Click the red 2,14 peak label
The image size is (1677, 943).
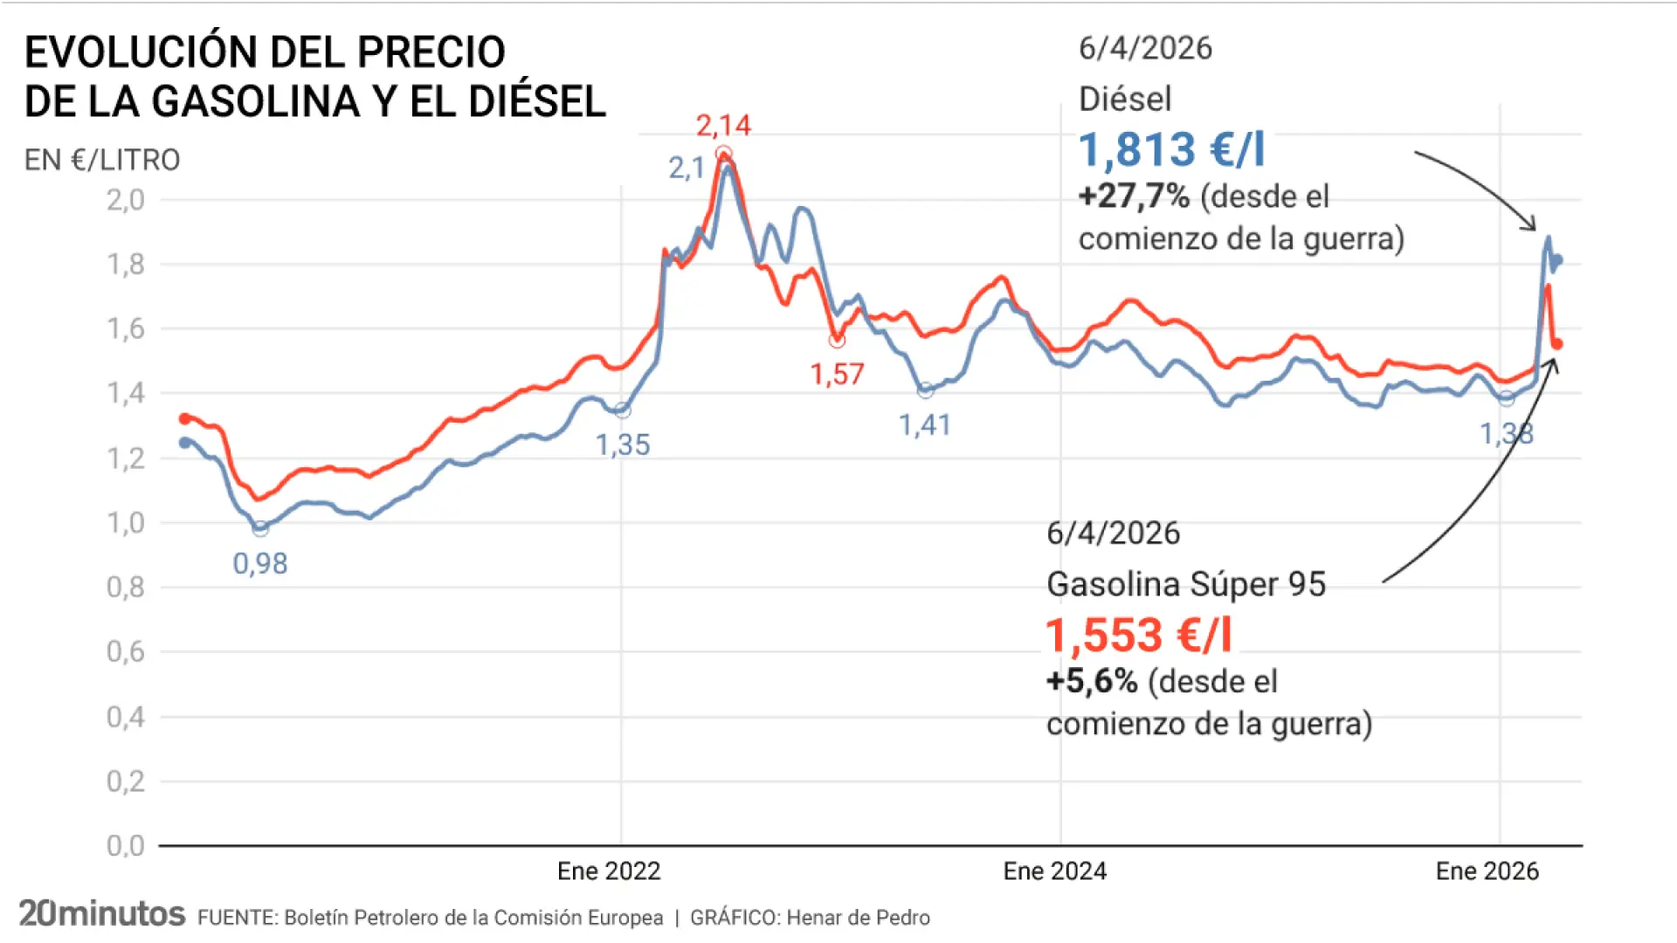(723, 126)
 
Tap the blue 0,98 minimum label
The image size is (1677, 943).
(259, 564)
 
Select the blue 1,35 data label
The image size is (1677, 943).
(623, 445)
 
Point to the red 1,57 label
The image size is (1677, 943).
(837, 375)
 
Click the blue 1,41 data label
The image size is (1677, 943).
(925, 425)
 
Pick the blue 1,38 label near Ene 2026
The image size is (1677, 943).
(1506, 434)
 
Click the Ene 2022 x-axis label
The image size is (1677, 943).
(609, 871)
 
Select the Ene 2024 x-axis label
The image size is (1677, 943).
(1054, 871)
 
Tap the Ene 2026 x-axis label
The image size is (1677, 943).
(1487, 871)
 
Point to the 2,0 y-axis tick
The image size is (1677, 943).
(126, 200)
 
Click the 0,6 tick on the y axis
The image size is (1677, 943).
(126, 651)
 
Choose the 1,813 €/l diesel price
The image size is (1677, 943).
(1171, 149)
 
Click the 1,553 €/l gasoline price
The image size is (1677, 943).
(1139, 635)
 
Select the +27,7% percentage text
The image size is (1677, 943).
(1134, 196)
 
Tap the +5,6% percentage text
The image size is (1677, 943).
(1092, 681)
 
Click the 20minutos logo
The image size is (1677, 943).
(102, 913)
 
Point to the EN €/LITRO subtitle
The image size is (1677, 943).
(102, 160)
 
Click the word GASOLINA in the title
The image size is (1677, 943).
(255, 101)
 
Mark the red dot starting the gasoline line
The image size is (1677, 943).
(184, 419)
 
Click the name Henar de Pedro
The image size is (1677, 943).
(858, 918)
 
